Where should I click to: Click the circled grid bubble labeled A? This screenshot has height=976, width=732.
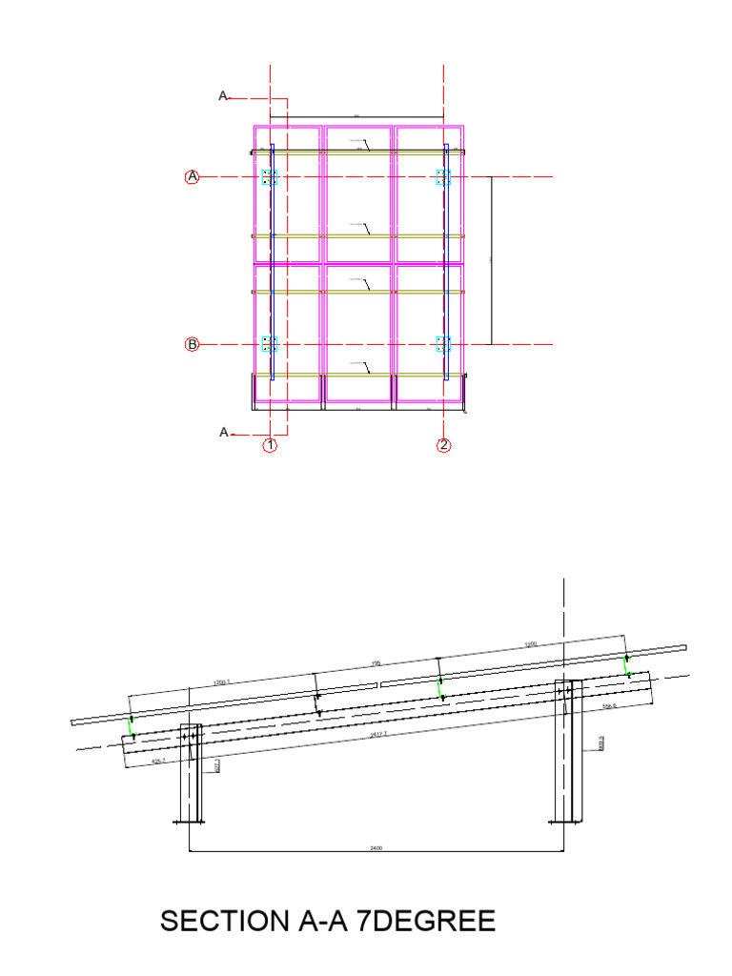[192, 176]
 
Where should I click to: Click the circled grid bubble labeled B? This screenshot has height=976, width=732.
[192, 344]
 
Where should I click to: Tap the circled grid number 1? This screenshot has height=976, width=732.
[271, 445]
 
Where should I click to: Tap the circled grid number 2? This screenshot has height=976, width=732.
[444, 445]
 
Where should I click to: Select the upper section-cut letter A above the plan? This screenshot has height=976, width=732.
[223, 96]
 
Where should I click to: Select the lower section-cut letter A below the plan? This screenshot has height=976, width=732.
[224, 433]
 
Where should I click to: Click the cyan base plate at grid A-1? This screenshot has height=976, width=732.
[270, 177]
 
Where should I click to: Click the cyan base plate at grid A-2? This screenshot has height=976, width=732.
[443, 177]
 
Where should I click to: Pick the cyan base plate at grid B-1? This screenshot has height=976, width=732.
[270, 344]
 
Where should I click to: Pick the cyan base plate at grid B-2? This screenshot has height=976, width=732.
[443, 344]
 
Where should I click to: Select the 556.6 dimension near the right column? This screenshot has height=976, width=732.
[610, 707]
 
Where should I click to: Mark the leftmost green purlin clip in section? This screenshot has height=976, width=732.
[132, 727]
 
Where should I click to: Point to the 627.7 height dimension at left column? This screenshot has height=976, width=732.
[218, 764]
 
